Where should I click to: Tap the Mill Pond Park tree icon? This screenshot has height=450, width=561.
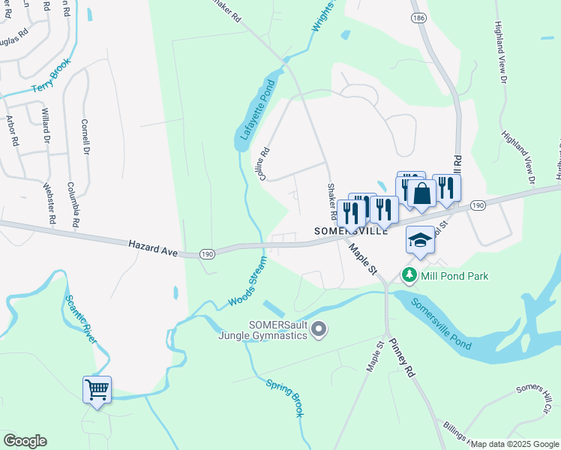coord(409,276)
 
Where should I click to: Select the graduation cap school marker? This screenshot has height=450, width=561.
coord(420,240)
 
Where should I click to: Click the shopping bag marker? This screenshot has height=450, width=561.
coord(422,193)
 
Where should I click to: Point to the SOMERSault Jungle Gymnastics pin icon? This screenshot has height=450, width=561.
coord(319,329)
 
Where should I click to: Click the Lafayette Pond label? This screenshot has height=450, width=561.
coord(256,113)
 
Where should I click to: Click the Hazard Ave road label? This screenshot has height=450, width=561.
coord(152,248)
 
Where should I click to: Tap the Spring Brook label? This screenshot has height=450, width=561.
coord(285,397)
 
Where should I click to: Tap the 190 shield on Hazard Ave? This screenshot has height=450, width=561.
coord(208,255)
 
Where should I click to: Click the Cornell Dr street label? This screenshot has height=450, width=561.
coord(85,137)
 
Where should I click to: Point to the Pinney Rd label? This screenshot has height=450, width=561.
coord(402,358)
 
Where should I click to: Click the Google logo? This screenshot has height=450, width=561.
coord(25,441)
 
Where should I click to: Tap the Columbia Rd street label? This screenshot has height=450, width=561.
coord(73,204)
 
